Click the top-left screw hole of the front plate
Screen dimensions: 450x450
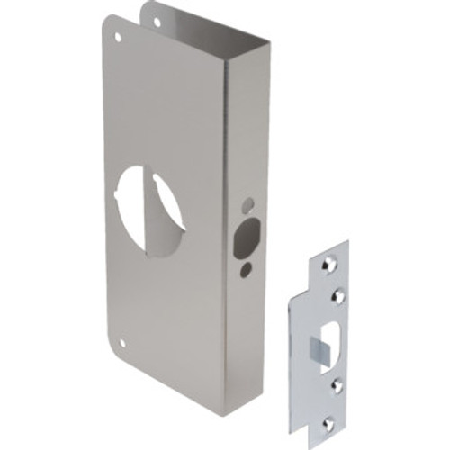(x=118, y=38)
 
